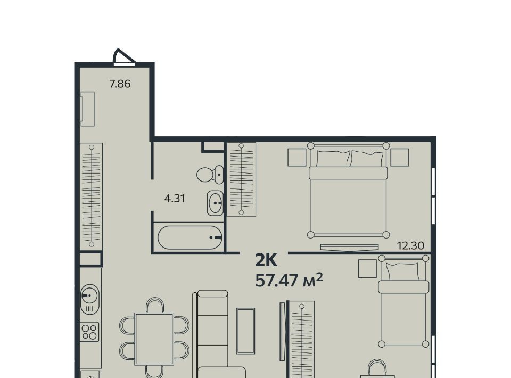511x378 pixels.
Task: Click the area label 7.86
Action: pos(120,84)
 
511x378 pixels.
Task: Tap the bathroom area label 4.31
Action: pos(175,198)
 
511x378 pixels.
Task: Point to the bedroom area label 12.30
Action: pos(410,245)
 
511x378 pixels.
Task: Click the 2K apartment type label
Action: pos(266,260)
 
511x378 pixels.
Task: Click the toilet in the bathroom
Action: pos(210,175)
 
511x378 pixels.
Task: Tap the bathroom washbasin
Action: pos(215,203)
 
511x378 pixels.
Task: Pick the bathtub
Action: pos(190,237)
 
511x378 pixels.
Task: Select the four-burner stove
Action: pos(89,332)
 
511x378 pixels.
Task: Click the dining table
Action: pos(154,339)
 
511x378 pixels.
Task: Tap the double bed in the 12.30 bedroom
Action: pos(348,190)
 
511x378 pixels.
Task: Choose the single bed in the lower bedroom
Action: pos(403,301)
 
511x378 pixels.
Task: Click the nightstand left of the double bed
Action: pos(297,158)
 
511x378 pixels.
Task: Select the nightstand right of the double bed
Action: pos(400,158)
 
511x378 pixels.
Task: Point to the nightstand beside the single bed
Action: pos(367,268)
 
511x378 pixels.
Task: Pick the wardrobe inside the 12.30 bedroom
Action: pos(241,179)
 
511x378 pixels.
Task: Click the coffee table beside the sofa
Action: pos(246,331)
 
